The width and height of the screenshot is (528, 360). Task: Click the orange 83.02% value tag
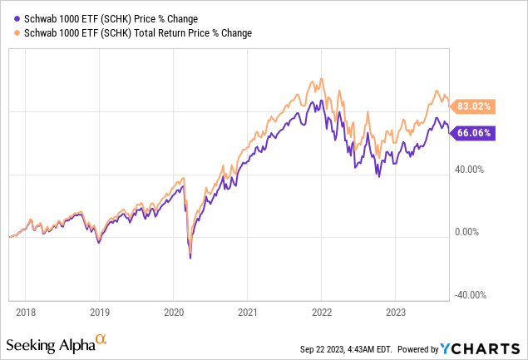pyautogui.click(x=474, y=106)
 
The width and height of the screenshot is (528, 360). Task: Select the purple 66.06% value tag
pyautogui.click(x=474, y=132)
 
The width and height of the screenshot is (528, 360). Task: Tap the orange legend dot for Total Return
pyautogui.click(x=11, y=32)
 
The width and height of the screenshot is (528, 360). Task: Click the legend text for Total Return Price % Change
pyautogui.click(x=134, y=32)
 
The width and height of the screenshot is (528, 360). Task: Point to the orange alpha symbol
pyautogui.click(x=101, y=340)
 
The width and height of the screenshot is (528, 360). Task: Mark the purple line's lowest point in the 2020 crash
pyautogui.click(x=190, y=258)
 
